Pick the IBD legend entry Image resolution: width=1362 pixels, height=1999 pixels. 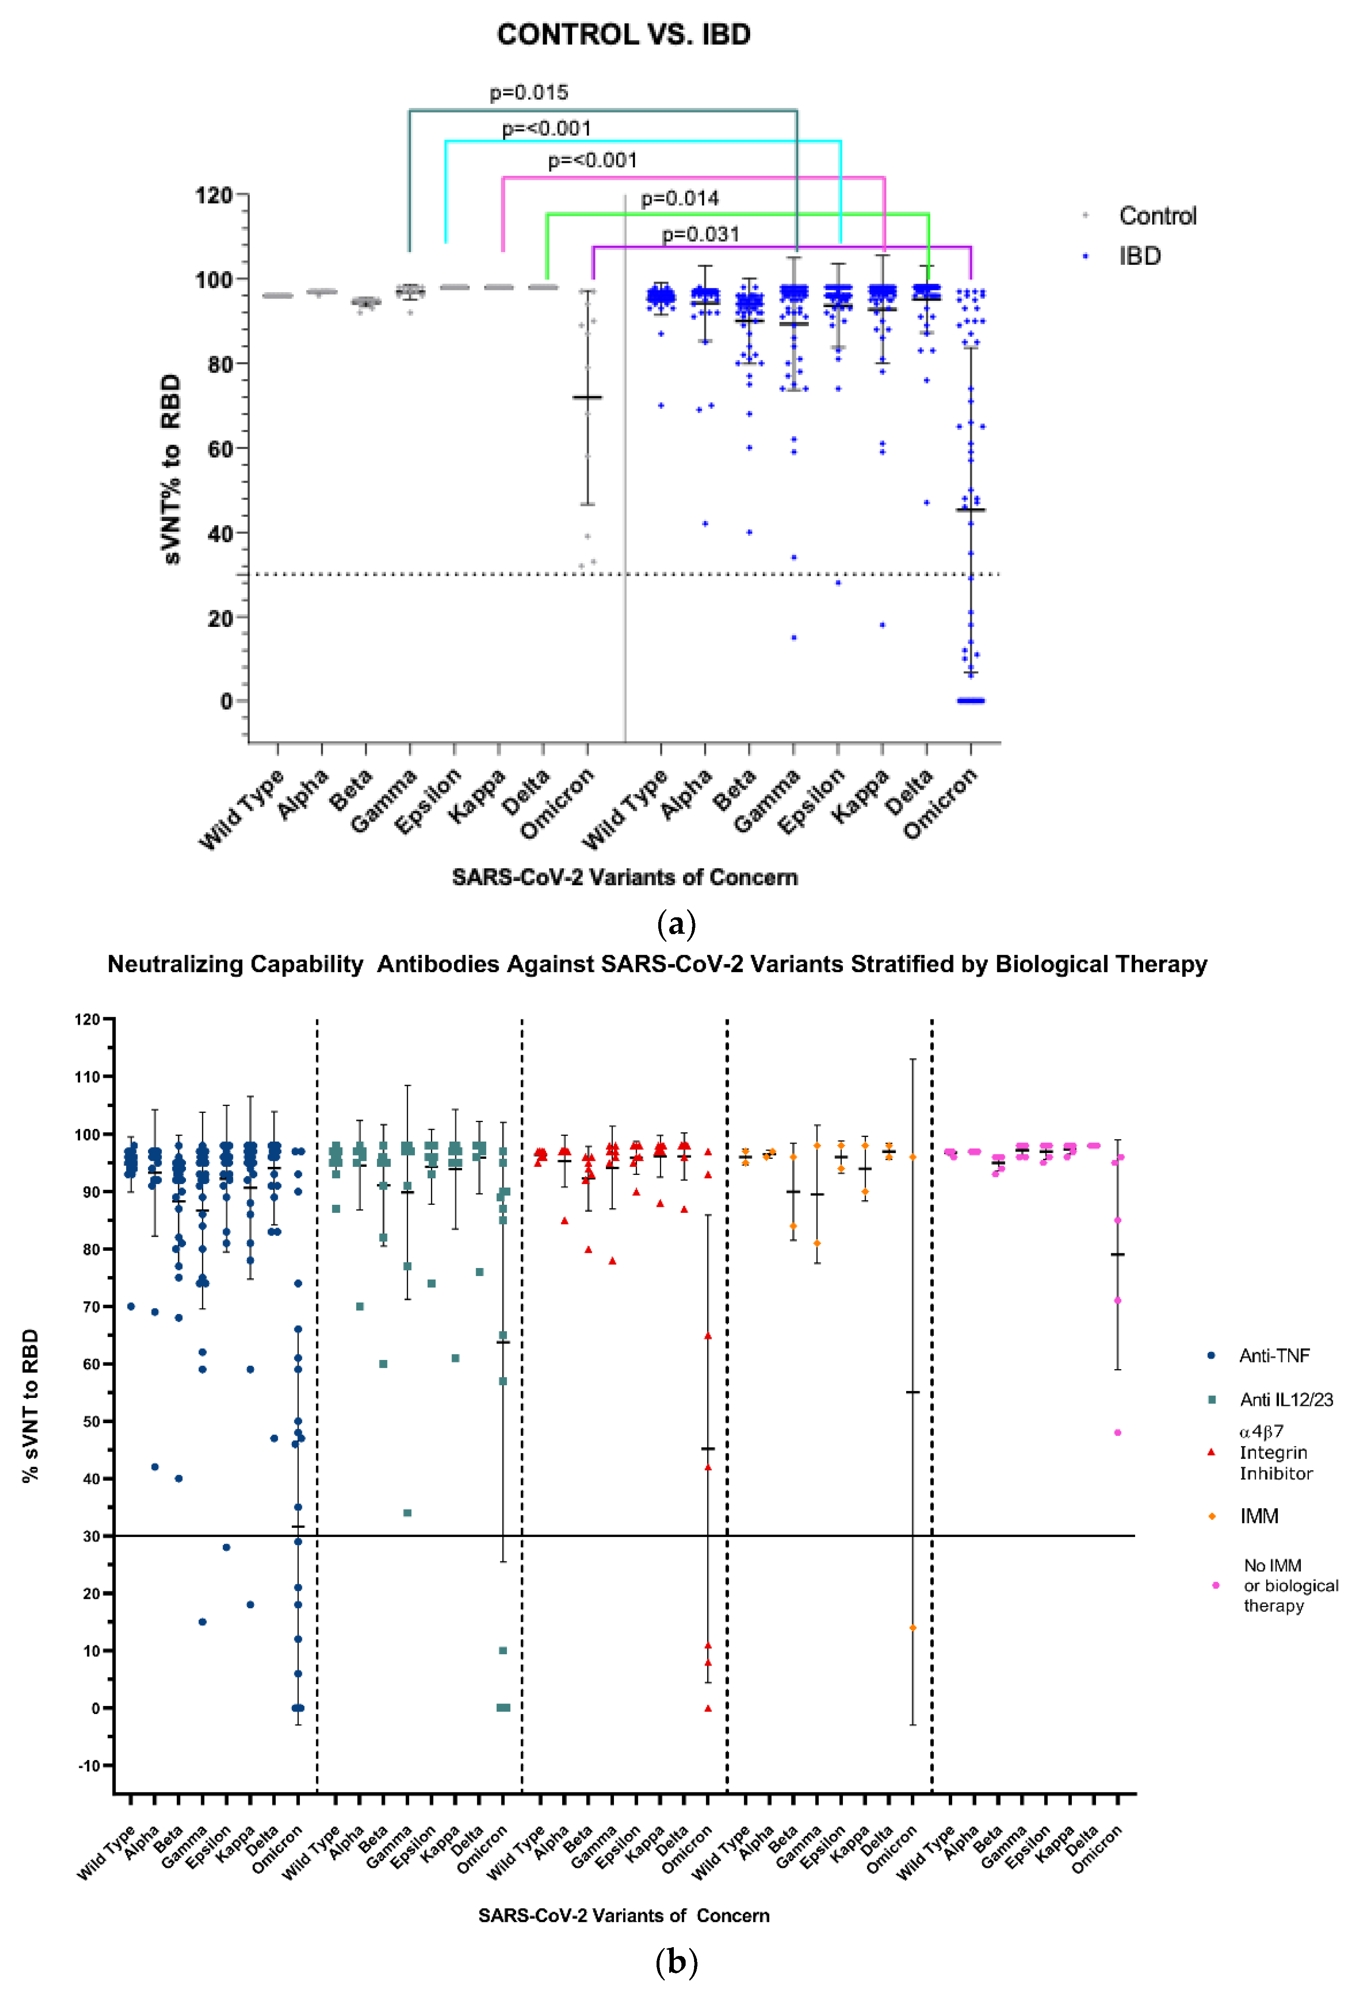point(1139,256)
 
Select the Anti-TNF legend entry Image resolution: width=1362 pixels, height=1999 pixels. point(1273,1356)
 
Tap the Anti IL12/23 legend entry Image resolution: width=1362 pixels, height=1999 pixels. point(1285,1400)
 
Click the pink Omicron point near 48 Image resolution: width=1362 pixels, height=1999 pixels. point(1118,1432)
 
